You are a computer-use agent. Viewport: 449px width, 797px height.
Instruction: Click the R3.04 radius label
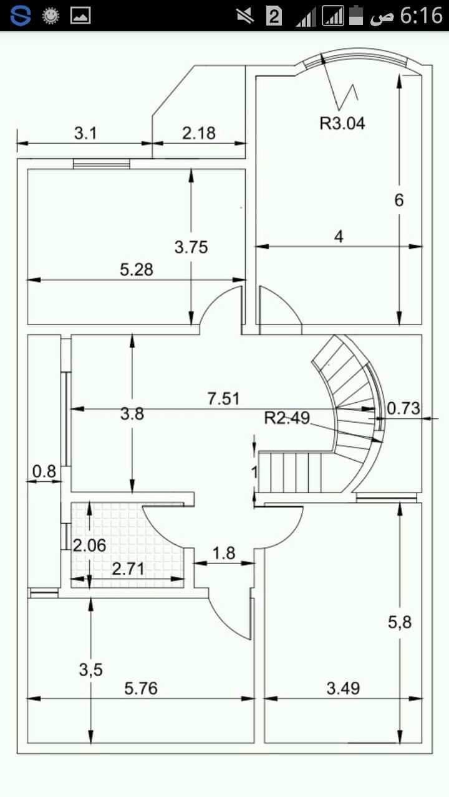(x=342, y=123)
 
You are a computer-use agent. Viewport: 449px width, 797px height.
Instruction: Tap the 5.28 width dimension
(x=137, y=270)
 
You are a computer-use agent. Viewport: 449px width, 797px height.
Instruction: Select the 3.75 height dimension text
(x=191, y=247)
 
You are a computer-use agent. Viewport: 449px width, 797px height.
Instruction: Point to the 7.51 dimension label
(x=224, y=398)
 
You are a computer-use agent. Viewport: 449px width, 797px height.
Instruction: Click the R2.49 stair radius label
(x=287, y=418)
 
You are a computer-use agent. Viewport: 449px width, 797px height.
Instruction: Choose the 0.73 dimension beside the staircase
(x=403, y=408)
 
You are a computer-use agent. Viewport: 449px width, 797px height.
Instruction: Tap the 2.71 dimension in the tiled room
(x=128, y=568)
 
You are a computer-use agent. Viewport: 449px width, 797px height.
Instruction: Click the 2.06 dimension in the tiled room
(x=89, y=545)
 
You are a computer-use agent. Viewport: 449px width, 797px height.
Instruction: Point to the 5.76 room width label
(x=141, y=689)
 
